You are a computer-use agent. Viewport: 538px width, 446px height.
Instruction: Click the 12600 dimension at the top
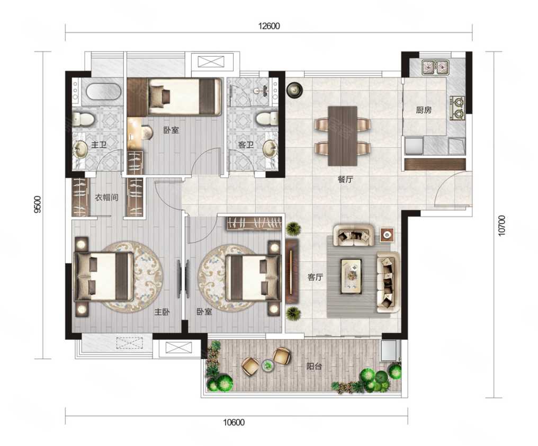click(269, 26)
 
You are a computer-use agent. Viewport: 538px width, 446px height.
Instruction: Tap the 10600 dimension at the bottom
click(234, 422)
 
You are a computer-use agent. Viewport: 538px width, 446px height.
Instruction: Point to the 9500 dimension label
click(38, 204)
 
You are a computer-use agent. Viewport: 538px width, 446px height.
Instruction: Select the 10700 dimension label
click(501, 225)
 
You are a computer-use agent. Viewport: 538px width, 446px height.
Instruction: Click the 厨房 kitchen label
click(424, 110)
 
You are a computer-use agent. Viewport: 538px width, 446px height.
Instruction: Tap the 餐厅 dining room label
click(345, 179)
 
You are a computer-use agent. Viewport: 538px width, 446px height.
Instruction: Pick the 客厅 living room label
click(315, 276)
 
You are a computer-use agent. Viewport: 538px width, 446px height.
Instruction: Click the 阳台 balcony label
click(314, 366)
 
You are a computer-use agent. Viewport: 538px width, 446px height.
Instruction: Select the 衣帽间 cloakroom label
click(106, 198)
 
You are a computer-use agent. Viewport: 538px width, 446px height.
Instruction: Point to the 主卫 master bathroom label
click(99, 145)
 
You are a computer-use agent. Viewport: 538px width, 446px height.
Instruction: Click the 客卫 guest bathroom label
click(246, 145)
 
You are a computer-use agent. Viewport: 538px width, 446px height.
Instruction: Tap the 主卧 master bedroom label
click(162, 312)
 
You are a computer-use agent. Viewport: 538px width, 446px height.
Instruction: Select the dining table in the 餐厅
click(343, 136)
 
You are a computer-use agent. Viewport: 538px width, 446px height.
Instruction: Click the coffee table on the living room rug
click(351, 276)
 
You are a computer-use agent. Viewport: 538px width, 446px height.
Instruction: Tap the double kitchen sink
click(436, 67)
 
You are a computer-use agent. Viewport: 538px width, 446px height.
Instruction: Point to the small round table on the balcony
click(267, 365)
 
